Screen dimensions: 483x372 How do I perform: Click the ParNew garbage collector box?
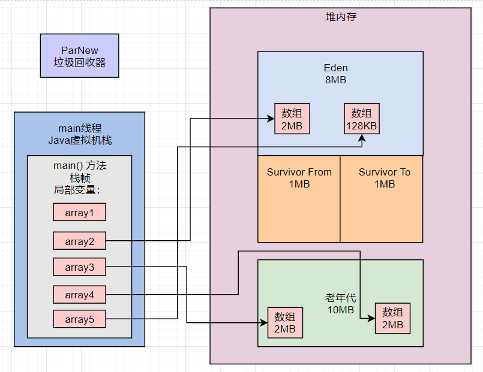[79, 56]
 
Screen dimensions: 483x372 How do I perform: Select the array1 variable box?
[79, 212]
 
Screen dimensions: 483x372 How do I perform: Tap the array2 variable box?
[79, 241]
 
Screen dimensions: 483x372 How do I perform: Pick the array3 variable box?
[79, 267]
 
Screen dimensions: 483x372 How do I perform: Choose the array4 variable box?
[79, 295]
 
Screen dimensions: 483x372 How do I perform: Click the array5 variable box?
[79, 319]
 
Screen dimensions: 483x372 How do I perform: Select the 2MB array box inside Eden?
[292, 119]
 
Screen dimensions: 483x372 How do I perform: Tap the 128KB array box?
[362, 119]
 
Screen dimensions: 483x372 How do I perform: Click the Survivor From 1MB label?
[299, 178]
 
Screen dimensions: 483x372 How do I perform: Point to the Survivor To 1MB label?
[385, 178]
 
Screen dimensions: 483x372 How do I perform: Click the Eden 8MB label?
[336, 74]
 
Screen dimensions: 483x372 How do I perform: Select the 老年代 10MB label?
[341, 304]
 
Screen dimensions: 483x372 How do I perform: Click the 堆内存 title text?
[341, 17]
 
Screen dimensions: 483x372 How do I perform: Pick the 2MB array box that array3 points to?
[285, 323]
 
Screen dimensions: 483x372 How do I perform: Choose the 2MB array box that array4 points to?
[393, 319]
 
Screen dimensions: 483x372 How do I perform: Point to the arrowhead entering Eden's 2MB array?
[271, 119]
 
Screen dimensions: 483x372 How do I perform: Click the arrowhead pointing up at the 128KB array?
[362, 138]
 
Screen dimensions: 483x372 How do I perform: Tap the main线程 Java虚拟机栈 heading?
[80, 134]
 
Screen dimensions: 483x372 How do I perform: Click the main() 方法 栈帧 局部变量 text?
[80, 178]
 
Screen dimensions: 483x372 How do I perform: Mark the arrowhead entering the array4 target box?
[371, 319]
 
